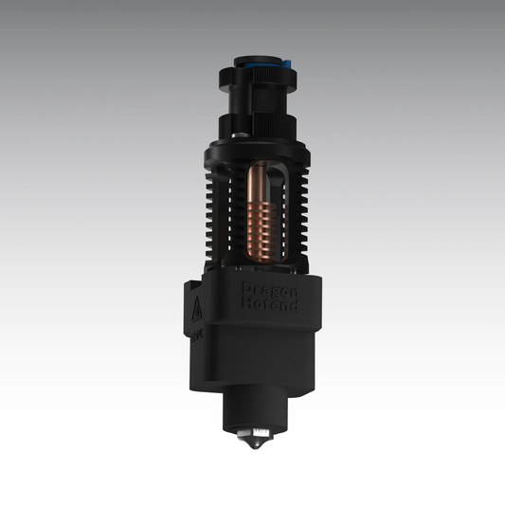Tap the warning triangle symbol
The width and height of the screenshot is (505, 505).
click(195, 307)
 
